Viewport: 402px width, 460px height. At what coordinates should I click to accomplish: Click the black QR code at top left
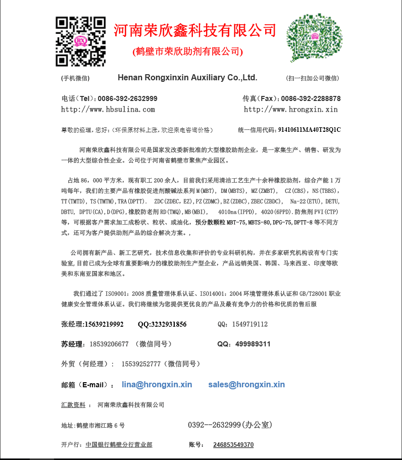click(81, 41)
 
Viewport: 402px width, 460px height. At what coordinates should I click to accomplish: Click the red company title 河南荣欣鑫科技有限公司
click(195, 30)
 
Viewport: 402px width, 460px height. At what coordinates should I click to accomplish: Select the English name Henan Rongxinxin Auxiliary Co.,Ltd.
click(187, 78)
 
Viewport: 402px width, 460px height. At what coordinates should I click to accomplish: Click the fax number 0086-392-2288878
click(311, 98)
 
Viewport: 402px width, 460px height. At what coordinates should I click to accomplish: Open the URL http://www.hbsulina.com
click(108, 109)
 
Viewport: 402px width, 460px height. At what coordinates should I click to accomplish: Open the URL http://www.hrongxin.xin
click(291, 109)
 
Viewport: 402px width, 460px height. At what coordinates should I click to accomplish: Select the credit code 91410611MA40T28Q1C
click(310, 130)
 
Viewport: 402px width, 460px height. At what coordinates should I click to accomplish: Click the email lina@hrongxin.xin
click(157, 385)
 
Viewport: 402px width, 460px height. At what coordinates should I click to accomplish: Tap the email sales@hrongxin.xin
click(246, 385)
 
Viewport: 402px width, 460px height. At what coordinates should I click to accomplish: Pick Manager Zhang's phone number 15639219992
click(104, 324)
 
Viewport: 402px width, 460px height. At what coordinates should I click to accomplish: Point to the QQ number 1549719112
click(250, 324)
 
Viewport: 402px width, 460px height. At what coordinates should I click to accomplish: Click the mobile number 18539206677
click(109, 344)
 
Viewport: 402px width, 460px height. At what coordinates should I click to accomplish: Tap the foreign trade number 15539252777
click(141, 364)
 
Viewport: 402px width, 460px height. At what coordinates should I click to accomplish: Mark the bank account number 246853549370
click(233, 445)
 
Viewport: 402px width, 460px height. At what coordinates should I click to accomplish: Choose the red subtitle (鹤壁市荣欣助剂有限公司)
click(188, 52)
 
